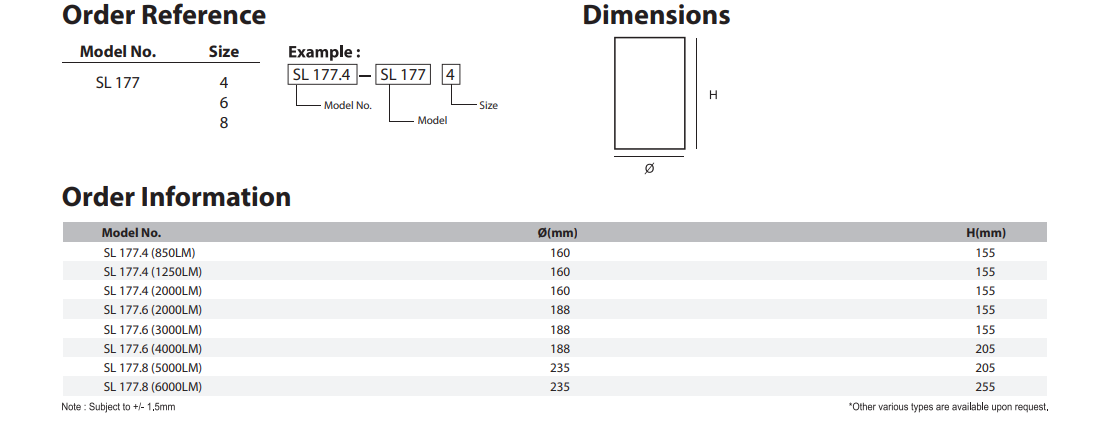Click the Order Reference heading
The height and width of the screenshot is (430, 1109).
[164, 15]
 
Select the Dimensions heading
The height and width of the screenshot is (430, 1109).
[656, 15]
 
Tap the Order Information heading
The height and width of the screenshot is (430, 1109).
[176, 197]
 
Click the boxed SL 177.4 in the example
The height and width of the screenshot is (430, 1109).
[321, 74]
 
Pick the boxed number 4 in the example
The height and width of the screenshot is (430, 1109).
[451, 74]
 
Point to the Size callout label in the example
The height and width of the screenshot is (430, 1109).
[488, 105]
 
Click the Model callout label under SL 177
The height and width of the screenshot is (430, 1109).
[432, 121]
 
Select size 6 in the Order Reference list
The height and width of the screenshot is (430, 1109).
[224, 103]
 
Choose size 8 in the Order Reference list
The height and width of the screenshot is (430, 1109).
[224, 123]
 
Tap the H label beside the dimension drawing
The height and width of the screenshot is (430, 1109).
[713, 95]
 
